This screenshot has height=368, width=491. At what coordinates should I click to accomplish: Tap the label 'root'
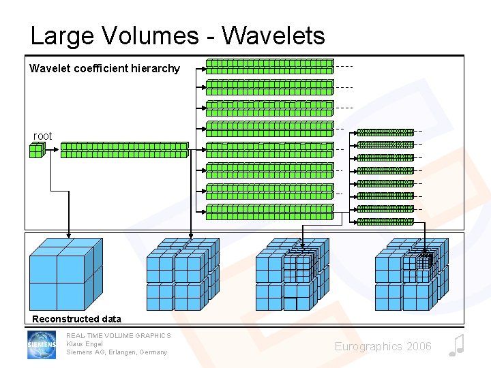[42, 136]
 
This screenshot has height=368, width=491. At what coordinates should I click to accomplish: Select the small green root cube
[37, 150]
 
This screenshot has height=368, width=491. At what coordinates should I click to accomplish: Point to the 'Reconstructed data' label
[76, 319]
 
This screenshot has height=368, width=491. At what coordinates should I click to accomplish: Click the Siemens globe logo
[42, 345]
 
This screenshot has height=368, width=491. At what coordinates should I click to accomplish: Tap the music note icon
[456, 346]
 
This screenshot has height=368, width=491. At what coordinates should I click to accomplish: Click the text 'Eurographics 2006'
[383, 347]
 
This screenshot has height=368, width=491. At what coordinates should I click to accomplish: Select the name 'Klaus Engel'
[85, 344]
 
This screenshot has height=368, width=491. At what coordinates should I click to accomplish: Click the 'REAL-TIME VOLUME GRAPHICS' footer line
[118, 335]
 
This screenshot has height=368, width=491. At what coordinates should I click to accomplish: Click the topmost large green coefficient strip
[269, 66]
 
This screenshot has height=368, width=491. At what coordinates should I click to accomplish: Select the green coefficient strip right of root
[124, 150]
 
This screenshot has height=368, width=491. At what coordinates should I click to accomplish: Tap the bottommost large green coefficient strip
[269, 212]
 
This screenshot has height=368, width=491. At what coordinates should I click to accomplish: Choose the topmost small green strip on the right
[385, 132]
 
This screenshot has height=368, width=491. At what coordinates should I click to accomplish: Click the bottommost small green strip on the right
[385, 221]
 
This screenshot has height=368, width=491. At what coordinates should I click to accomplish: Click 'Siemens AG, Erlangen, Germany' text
[117, 352]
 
